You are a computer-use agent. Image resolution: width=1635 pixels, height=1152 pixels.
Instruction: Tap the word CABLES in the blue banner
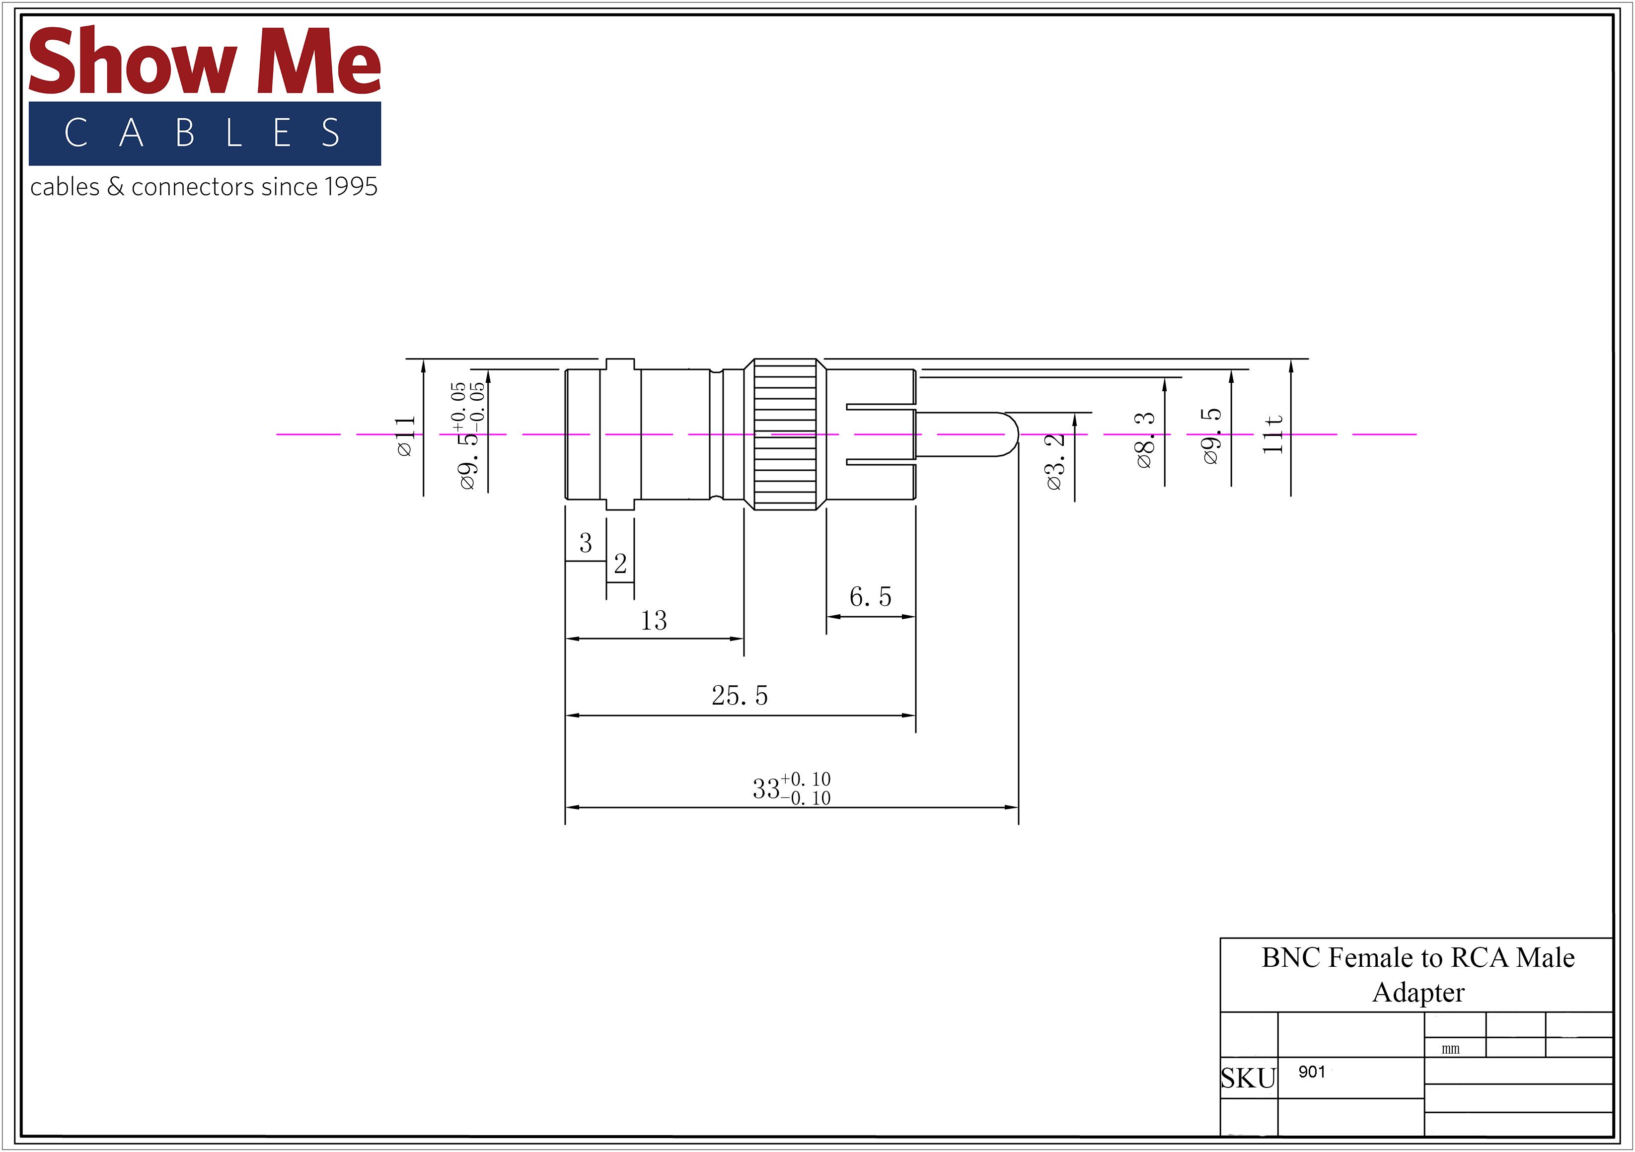point(203,133)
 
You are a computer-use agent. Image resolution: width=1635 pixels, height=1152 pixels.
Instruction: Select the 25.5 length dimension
point(740,696)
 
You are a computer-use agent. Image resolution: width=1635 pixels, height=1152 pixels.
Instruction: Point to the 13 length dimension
point(654,620)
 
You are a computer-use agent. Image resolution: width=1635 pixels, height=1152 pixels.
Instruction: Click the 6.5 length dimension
point(870,597)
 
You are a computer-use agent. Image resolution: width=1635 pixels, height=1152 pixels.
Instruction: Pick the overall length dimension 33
point(766,789)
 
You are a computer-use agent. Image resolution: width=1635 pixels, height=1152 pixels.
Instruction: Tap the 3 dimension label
point(586,543)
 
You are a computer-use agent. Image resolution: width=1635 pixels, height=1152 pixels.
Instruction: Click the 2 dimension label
point(620,564)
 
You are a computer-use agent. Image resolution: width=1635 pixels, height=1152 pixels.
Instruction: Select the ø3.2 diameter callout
point(1055,461)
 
